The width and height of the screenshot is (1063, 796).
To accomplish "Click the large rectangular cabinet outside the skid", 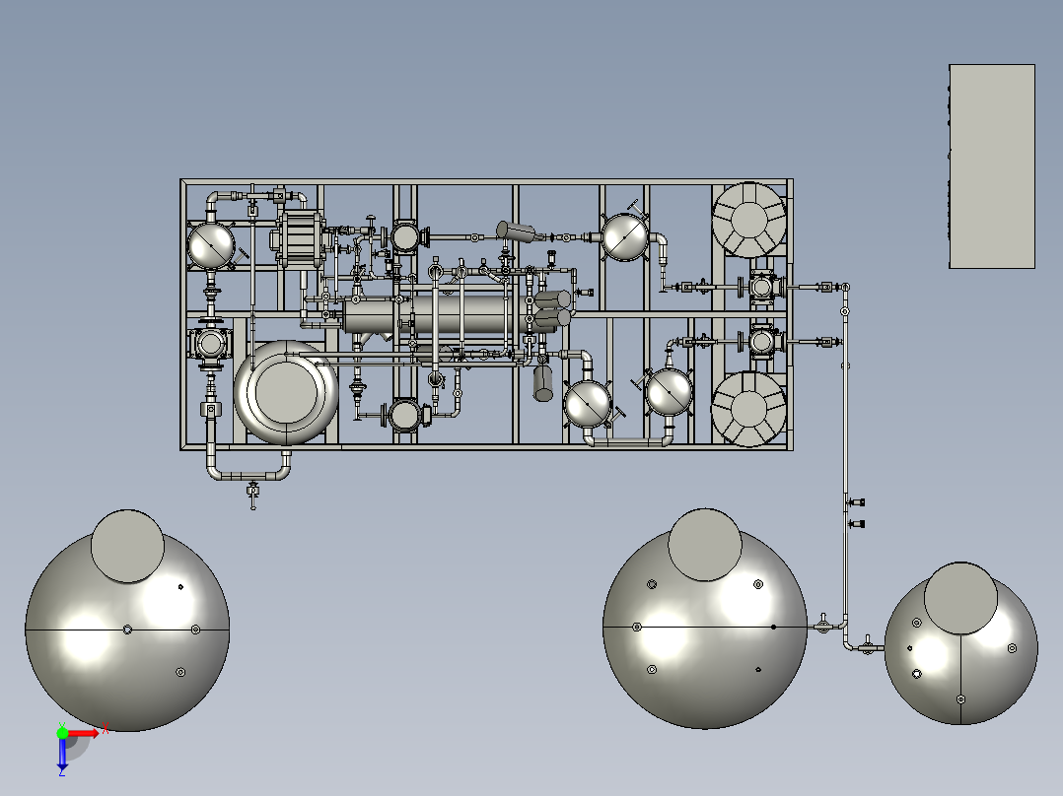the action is point(992,166).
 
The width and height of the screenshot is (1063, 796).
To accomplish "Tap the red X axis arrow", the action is point(84,733).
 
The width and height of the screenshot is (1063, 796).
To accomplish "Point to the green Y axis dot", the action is point(62,733).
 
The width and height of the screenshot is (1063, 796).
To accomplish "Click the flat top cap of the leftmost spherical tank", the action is point(127,547).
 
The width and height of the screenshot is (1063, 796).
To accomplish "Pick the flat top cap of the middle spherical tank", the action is point(705,545).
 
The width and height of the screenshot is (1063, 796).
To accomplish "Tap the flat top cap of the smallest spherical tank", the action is point(960,599).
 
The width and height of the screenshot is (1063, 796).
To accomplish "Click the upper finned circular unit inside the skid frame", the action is point(749,220).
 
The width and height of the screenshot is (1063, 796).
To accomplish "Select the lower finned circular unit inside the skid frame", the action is point(749,409).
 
